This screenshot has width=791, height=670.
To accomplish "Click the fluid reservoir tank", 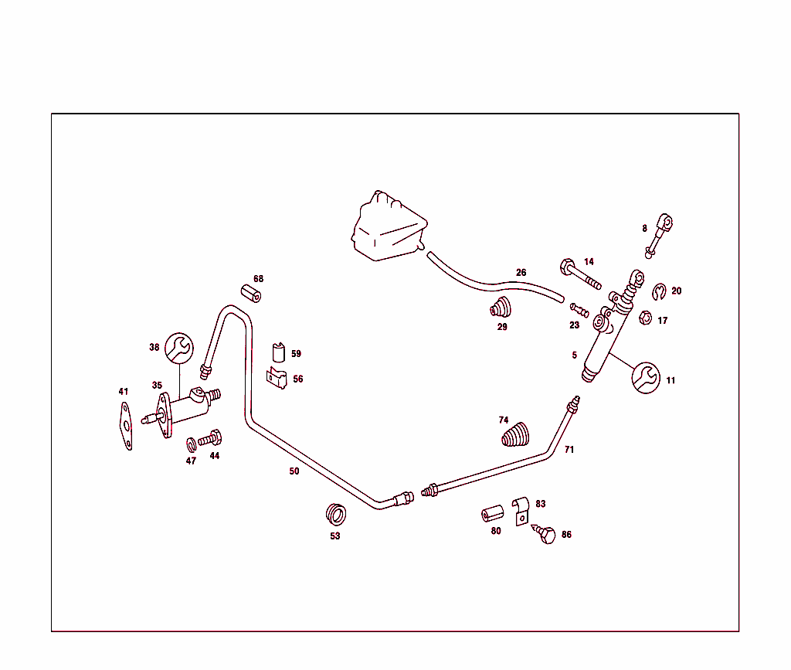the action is (389, 227).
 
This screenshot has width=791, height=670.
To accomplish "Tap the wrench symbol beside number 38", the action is (179, 348).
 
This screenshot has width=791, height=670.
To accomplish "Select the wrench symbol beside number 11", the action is (646, 377).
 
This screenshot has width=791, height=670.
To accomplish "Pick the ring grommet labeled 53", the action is (336, 514).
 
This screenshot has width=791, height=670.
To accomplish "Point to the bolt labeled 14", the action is (580, 274).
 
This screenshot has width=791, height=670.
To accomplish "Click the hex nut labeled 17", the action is (645, 318).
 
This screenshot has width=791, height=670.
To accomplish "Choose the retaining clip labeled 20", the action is (659, 291).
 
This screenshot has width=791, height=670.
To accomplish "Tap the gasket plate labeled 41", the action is (126, 426).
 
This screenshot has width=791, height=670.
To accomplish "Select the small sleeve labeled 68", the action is (251, 294).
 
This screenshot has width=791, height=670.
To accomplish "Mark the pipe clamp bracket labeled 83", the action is (521, 511).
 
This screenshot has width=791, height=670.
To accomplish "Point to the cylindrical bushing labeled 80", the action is (492, 514).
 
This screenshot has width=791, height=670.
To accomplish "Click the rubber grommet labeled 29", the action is (501, 308).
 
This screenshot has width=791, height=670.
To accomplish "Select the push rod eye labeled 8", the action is (659, 236).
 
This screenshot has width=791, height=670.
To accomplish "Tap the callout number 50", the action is (294, 471).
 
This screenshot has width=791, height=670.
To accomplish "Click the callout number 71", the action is (569, 449).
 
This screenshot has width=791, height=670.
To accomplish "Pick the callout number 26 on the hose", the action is (521, 273).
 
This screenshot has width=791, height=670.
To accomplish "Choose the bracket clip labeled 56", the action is (277, 378).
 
